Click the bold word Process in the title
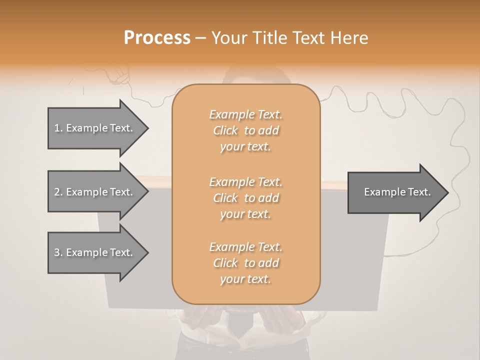[x=157, y=38]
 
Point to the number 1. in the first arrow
[x=58, y=128]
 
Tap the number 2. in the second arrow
[x=58, y=192]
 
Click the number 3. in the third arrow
[x=58, y=252]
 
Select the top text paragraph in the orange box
[x=245, y=130]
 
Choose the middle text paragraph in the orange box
[x=245, y=197]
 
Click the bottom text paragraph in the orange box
[x=245, y=263]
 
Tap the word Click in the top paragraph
[x=225, y=130]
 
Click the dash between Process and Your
[x=200, y=38]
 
